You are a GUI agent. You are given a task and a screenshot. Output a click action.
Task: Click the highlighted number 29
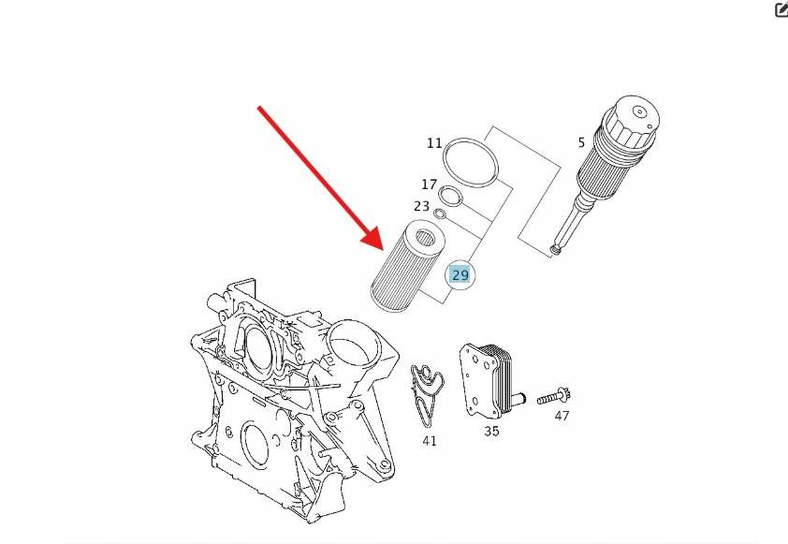[460, 275]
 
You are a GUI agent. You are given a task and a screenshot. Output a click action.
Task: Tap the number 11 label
[434, 143]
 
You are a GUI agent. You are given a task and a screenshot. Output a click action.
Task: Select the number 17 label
[429, 184]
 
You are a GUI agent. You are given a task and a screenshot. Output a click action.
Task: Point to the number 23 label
[422, 206]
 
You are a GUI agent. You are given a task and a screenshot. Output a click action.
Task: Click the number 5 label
[581, 142]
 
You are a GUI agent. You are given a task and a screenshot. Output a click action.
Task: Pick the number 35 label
[491, 432]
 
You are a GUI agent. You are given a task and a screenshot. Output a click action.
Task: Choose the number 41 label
[430, 441]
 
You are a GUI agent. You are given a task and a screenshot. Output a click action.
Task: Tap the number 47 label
[562, 416]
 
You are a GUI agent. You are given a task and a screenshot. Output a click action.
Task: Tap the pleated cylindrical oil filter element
[407, 266]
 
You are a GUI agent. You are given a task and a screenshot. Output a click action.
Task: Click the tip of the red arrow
[384, 250]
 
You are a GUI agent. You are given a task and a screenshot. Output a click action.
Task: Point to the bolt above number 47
[554, 397]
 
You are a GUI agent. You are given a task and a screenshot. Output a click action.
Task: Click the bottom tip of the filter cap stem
[555, 250]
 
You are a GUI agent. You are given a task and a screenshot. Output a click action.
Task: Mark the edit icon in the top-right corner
[781, 9]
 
